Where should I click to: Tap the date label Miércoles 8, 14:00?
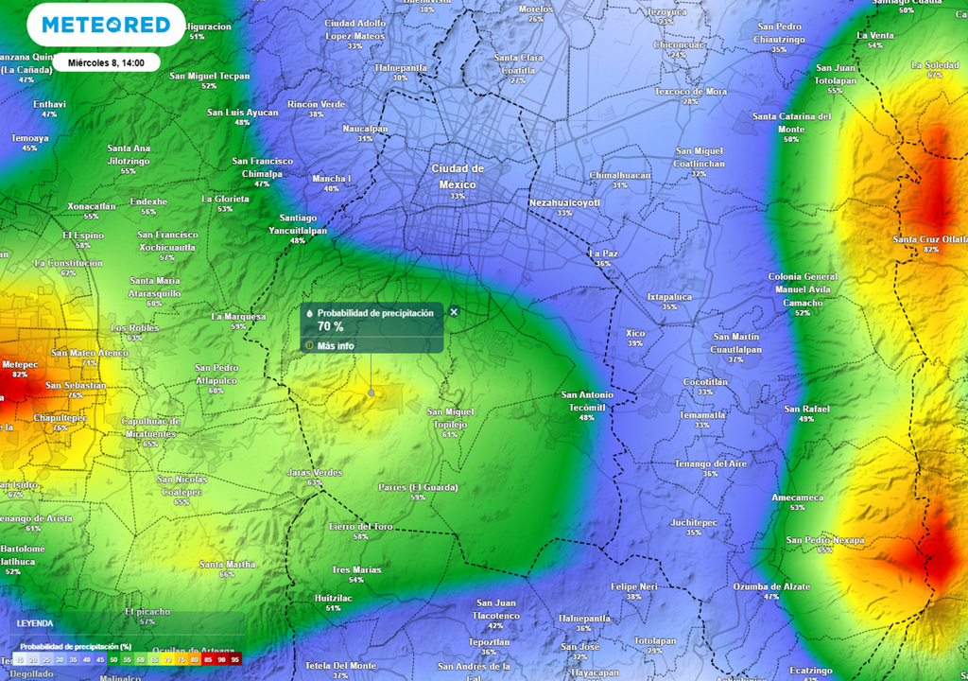(106, 62)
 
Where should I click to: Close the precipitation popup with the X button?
(454, 312)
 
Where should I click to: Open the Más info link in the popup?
(336, 346)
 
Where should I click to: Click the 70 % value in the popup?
(330, 326)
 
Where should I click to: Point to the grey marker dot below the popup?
(371, 392)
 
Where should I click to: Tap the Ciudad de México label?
(458, 176)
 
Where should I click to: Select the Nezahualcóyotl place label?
(564, 202)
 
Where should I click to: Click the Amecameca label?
(797, 498)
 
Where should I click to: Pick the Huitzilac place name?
(333, 598)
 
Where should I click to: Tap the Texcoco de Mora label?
(691, 92)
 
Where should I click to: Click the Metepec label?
(20, 364)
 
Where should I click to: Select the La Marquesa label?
(237, 316)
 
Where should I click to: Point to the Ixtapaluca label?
(669, 296)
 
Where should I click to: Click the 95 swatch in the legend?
(234, 659)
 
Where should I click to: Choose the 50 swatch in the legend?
(114, 659)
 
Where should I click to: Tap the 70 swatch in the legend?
(167, 659)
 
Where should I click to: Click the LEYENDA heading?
(35, 624)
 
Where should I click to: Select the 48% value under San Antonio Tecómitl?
(587, 417)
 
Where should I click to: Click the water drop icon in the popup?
(310, 312)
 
